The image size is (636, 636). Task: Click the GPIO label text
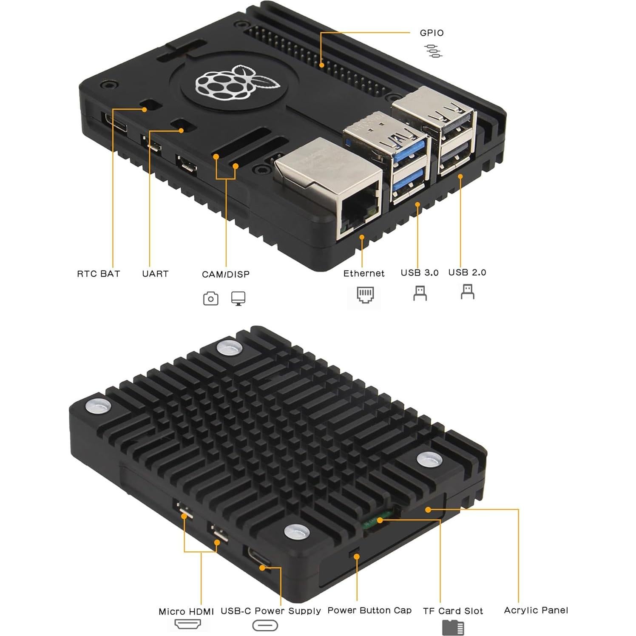[432, 33]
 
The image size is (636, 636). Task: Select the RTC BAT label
[99, 274]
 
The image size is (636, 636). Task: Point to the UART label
[155, 274]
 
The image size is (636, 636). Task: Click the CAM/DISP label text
[226, 274]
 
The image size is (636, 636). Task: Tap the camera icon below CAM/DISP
[210, 298]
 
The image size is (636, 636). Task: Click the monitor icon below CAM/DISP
[238, 298]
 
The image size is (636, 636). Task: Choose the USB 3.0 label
[420, 273]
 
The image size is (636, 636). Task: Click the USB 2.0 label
[467, 273]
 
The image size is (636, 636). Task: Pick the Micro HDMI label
[186, 611]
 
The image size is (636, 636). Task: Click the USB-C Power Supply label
[271, 611]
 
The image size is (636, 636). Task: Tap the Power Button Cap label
[369, 610]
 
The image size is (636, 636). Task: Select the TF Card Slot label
[453, 611]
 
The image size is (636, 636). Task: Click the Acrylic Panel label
[536, 610]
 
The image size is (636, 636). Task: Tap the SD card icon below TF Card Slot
[453, 627]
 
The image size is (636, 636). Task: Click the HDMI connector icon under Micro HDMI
[187, 625]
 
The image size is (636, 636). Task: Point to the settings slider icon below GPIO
[433, 51]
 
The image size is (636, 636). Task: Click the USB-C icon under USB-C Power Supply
[265, 625]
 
